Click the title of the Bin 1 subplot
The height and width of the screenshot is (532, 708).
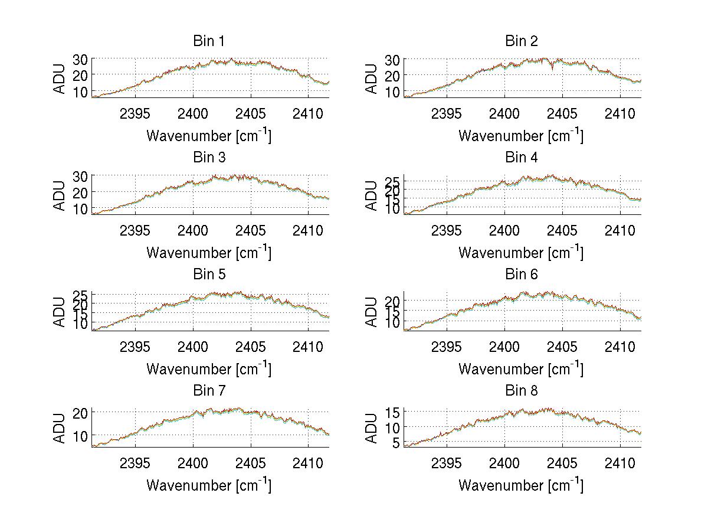pos(209,41)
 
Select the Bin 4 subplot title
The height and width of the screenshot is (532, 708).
pos(521,158)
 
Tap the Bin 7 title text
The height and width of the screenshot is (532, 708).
pos(209,391)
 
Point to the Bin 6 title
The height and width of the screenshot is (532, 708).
pos(521,275)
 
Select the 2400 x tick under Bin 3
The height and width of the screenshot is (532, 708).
pos(193,230)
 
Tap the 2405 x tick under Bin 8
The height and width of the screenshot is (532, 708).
pos(562,463)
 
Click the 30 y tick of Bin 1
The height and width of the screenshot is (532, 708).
pos(80,60)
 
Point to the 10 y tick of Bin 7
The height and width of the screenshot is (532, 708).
pos(80,436)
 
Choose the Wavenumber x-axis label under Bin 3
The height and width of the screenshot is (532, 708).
pos(209,253)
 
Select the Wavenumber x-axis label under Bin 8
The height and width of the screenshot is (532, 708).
pos(521,485)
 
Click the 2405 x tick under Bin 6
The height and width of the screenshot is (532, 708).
pos(562,347)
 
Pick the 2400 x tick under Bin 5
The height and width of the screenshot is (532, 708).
pos(193,347)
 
